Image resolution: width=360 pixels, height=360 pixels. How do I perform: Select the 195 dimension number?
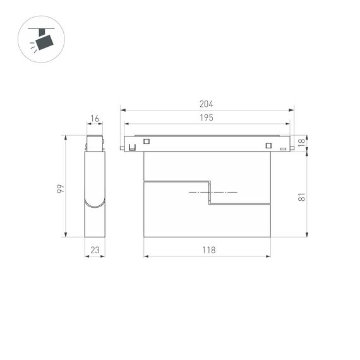(x=207, y=117)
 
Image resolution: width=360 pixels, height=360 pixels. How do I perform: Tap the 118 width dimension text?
(x=208, y=250)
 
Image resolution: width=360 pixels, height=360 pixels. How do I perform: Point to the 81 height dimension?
(x=302, y=196)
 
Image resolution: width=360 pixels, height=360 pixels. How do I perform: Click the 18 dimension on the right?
(x=301, y=142)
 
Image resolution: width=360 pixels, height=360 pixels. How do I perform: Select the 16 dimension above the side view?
(x=95, y=119)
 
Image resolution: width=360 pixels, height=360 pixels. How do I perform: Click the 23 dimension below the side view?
(x=95, y=250)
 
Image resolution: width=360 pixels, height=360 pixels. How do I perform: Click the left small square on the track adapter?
(x=147, y=141)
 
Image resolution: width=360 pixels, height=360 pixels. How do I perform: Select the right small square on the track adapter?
(x=268, y=147)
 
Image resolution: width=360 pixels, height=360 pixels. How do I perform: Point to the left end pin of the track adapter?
(x=122, y=149)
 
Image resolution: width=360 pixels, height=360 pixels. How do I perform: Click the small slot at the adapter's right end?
(x=283, y=148)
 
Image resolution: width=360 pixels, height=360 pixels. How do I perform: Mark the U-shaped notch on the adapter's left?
(x=132, y=148)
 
